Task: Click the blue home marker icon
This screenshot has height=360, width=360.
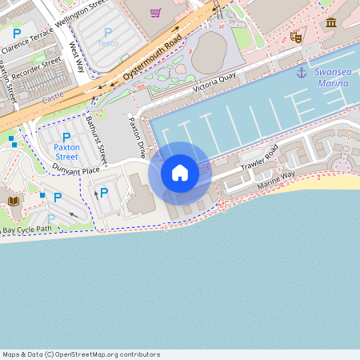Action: pyautogui.click(x=180, y=173)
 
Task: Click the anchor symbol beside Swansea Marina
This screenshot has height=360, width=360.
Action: pyautogui.click(x=302, y=73)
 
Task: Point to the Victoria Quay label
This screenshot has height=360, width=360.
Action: pyautogui.click(x=214, y=86)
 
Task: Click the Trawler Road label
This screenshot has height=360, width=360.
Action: pyautogui.click(x=258, y=159)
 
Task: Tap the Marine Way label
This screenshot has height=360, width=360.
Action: pyautogui.click(x=276, y=180)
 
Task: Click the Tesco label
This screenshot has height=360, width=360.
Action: pyautogui.click(x=107, y=42)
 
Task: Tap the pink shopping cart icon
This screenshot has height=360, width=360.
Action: pyautogui.click(x=155, y=13)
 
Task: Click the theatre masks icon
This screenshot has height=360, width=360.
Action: pyautogui.click(x=296, y=36)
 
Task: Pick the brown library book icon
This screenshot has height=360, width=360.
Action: pyautogui.click(x=14, y=201)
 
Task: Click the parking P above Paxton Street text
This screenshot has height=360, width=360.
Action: pyautogui.click(x=67, y=138)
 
